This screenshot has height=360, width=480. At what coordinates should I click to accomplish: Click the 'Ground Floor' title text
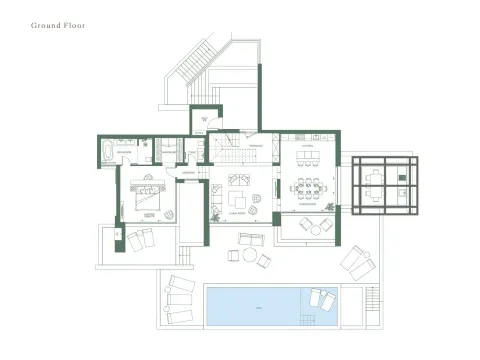pos(58,26)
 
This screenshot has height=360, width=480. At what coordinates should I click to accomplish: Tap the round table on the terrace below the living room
pos(248,254)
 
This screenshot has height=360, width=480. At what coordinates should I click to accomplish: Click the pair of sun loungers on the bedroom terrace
pos(139,239)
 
